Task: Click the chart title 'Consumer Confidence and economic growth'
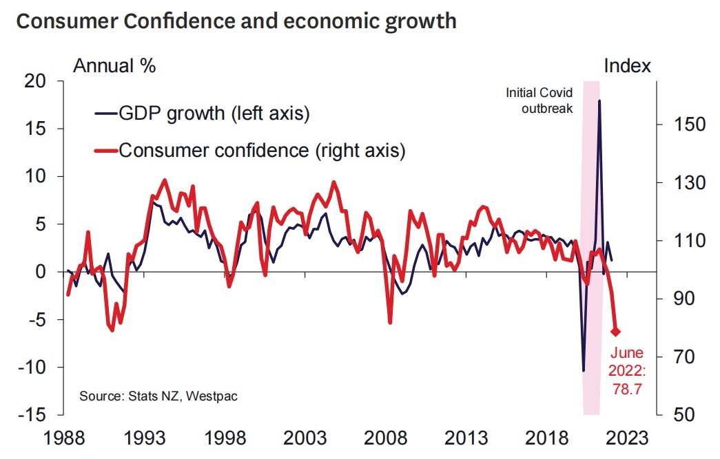pos(236,21)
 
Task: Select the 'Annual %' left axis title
pos(114,66)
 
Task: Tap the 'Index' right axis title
pos(627,66)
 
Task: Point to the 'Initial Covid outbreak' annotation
pos(539,100)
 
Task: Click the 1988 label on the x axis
pos(65,438)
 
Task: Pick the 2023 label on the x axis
pos(626,438)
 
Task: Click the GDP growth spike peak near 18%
pos(599,100)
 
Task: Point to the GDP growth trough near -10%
pos(584,371)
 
